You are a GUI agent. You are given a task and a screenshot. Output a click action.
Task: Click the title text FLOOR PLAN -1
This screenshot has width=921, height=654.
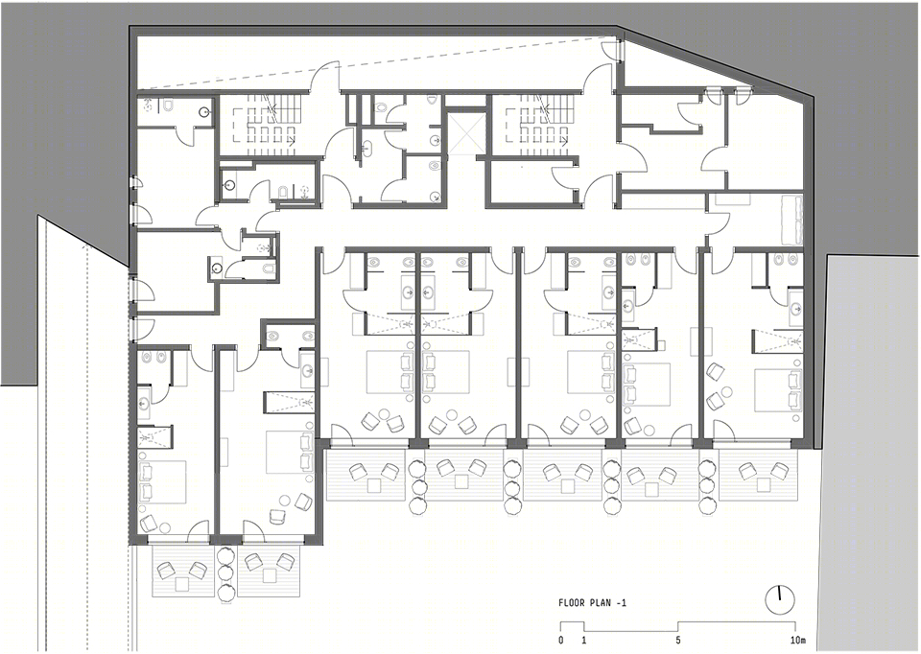pyautogui.click(x=592, y=603)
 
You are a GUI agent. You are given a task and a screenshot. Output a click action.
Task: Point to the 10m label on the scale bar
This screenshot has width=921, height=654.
pyautogui.click(x=796, y=640)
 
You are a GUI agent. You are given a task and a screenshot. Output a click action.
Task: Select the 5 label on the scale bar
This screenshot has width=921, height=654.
pyautogui.click(x=678, y=640)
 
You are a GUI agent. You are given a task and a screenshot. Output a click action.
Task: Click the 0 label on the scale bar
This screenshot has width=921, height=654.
pyautogui.click(x=561, y=640)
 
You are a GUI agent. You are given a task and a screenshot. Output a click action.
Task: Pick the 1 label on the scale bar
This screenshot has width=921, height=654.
pyautogui.click(x=584, y=640)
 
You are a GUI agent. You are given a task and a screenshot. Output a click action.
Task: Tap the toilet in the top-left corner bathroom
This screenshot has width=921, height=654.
pyautogui.click(x=168, y=105)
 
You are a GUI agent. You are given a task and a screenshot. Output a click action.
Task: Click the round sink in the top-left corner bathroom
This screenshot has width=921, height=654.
pyautogui.click(x=205, y=111)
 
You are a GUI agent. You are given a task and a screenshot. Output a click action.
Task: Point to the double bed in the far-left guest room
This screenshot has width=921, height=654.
pyautogui.click(x=162, y=482)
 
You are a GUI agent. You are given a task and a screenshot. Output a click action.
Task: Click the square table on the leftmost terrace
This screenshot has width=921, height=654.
pyautogui.click(x=181, y=584)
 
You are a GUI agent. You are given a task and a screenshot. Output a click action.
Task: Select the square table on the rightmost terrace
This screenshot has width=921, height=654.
pyautogui.click(x=763, y=484)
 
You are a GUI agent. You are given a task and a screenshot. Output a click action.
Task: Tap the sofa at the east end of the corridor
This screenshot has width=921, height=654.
pyautogui.click(x=791, y=221)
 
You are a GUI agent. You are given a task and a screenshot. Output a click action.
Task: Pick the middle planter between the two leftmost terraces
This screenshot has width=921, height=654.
pyautogui.click(x=225, y=572)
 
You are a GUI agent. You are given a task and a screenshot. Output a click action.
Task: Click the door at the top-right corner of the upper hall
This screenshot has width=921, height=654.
pyautogui.click(x=613, y=48)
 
